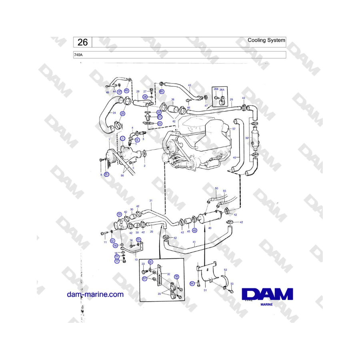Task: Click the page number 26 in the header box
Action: coord(82,42)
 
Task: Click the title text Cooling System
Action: coord(266,40)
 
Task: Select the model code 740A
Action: coord(78,55)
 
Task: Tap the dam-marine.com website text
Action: coord(95,294)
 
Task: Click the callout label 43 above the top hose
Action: coord(190,85)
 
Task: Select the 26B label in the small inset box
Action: coord(216,89)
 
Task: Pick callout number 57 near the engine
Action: coord(234,129)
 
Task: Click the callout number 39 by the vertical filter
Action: coord(247,138)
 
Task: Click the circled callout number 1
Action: coord(123,138)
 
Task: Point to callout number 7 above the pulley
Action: coord(109,140)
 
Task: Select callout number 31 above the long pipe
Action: coord(151,200)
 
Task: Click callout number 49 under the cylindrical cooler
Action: coord(210,228)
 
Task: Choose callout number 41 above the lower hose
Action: coord(194,242)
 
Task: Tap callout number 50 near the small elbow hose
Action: coord(216,188)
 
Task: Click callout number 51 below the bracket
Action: coord(205,290)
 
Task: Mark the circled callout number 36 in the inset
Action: coord(176,277)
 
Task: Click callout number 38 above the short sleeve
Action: coord(173,99)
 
